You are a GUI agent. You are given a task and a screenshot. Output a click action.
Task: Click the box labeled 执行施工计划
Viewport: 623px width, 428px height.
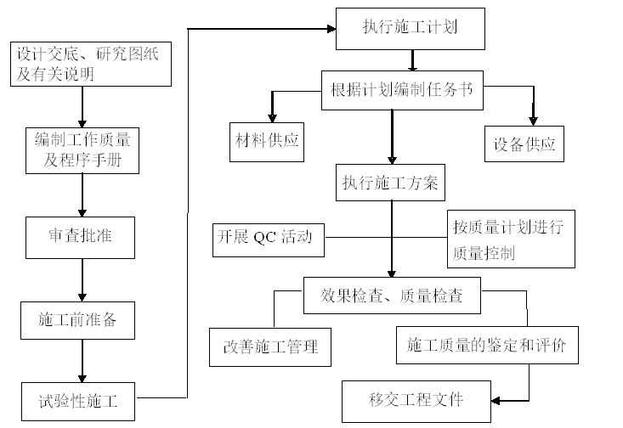(x=411, y=28)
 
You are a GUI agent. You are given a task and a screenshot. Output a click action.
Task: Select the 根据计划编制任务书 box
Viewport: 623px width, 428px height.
(x=402, y=90)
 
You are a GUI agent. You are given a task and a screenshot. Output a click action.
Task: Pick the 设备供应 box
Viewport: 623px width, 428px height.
(x=524, y=144)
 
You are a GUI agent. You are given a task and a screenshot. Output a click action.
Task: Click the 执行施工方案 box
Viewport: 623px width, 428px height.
(x=390, y=183)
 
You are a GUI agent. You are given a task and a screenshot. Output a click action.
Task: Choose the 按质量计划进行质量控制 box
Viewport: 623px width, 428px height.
(x=511, y=239)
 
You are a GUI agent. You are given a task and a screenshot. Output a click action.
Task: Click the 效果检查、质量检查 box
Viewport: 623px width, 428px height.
(x=392, y=296)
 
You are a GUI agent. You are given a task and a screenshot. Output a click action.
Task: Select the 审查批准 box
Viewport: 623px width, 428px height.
(x=80, y=237)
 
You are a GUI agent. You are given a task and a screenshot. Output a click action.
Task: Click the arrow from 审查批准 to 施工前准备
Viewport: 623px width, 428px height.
(x=82, y=279)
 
